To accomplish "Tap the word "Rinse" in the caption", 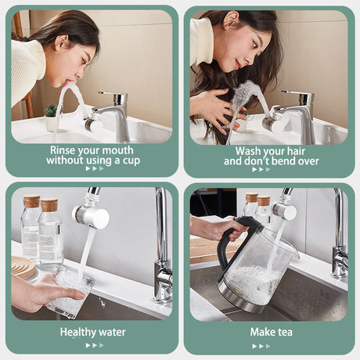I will (67, 149).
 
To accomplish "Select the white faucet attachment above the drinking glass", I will (91, 216).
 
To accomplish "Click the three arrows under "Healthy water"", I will (94, 345).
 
